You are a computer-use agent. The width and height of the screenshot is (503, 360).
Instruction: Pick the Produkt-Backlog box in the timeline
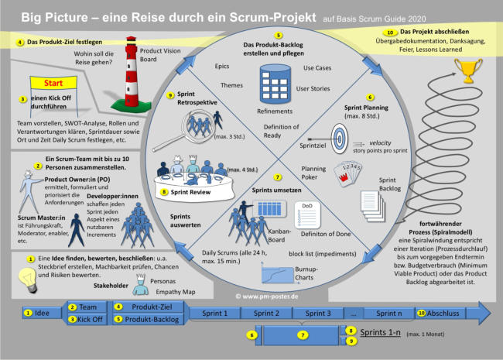click(x=149, y=319)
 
